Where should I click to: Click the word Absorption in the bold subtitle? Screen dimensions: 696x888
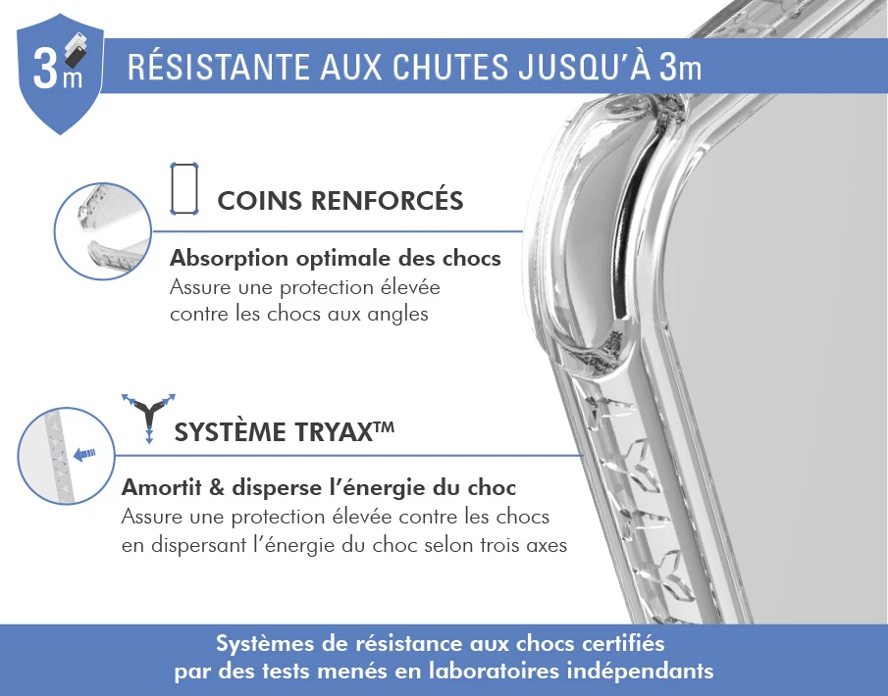(230, 259)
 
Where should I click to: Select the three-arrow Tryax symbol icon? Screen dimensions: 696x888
(148, 418)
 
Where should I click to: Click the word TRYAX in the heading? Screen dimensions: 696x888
(329, 432)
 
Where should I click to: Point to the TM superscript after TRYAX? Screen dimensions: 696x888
(384, 425)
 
